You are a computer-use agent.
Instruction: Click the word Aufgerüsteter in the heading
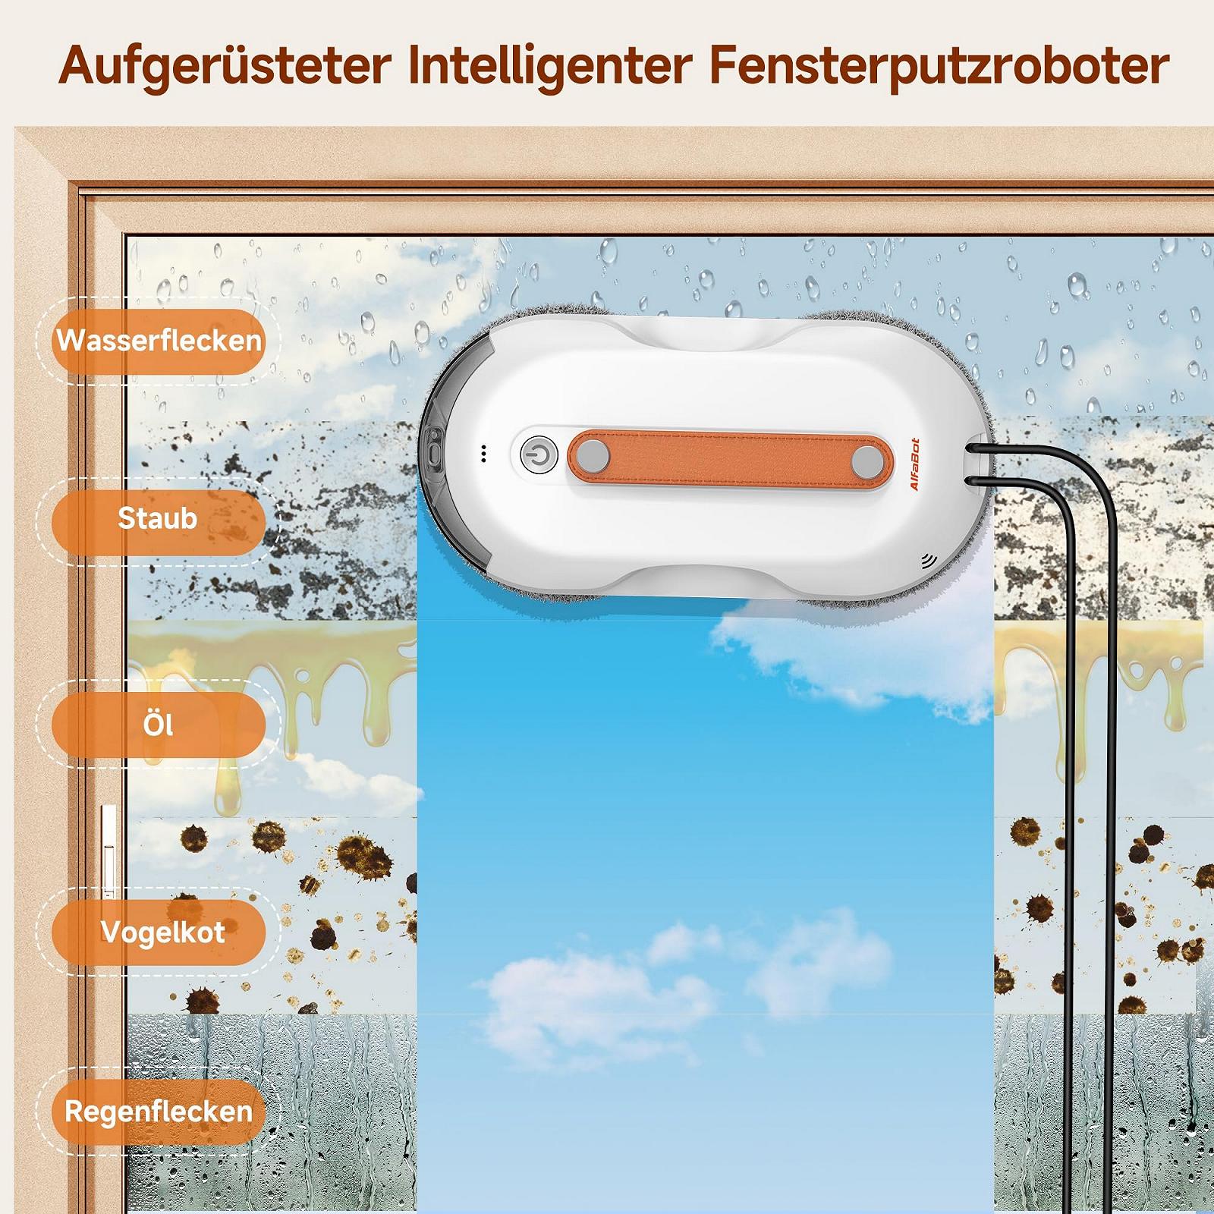[x=225, y=67]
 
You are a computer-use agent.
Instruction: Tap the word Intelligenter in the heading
[x=549, y=67]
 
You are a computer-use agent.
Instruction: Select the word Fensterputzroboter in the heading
[x=939, y=66]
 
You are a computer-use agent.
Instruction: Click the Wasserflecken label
[x=159, y=341]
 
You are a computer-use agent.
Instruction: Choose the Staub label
[x=159, y=519]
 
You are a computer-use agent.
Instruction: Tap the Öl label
[x=159, y=725]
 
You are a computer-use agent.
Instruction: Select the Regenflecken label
[x=159, y=1112]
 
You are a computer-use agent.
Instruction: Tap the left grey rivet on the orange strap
[x=593, y=458]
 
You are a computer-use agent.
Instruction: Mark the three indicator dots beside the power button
[x=483, y=454]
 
